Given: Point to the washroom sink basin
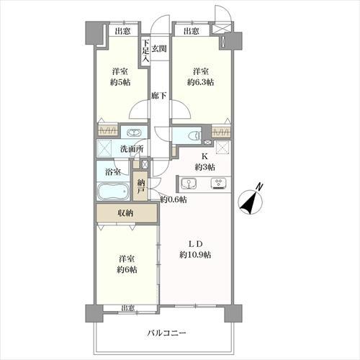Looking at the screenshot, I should click(132, 132).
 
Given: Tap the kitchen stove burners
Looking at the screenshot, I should click(217, 183).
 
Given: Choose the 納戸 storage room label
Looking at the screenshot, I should click(141, 189).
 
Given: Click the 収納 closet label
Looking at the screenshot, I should click(125, 213).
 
